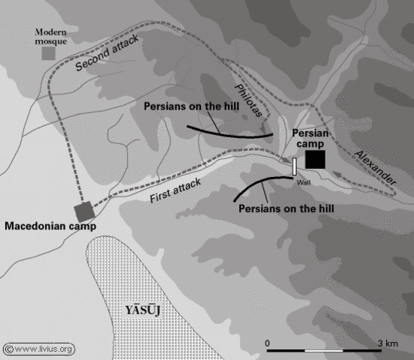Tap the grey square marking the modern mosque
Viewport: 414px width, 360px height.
(x=48, y=54)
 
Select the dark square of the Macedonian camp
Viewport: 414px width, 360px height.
(x=82, y=211)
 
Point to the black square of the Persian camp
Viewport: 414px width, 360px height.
(x=315, y=160)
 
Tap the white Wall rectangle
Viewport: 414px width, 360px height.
(x=295, y=166)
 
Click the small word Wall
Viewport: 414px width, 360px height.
(x=303, y=181)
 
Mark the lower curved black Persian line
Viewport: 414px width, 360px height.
(x=259, y=184)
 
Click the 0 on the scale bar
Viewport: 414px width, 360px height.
(x=268, y=342)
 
